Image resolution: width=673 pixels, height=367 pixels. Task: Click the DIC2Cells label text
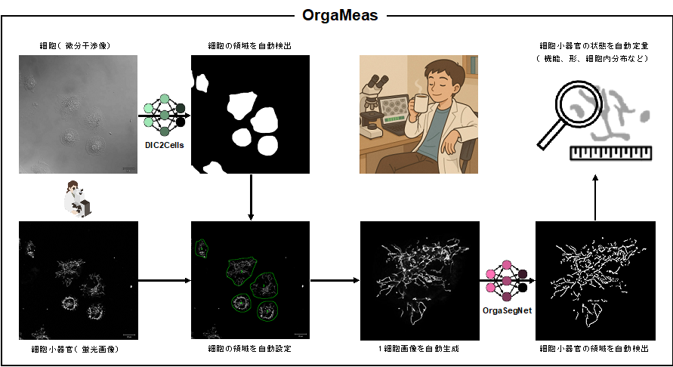coord(165,143)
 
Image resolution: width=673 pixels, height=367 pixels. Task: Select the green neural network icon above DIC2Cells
coord(165,116)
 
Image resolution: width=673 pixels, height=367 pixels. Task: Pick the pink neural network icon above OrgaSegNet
coord(507,281)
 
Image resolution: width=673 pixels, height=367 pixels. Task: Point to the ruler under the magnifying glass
coord(610,153)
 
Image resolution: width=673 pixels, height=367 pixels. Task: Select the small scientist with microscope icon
coord(78,199)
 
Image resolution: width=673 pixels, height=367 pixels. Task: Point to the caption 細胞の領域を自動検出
coord(249,46)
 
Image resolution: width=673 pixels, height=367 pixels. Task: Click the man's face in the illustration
coord(440,82)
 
